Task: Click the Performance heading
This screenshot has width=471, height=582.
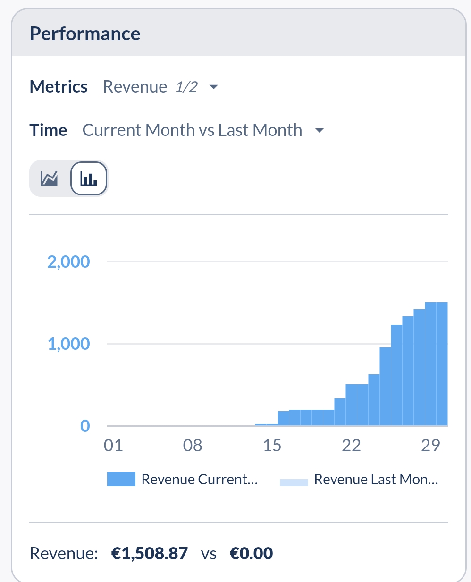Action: tap(85, 34)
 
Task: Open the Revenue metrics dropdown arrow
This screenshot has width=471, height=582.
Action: tap(213, 87)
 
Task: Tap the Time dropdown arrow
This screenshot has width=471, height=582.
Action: tap(320, 130)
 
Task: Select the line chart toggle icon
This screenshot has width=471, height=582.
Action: tap(49, 178)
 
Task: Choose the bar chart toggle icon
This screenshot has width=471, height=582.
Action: tap(89, 178)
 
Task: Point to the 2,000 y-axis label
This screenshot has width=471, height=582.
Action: tap(68, 262)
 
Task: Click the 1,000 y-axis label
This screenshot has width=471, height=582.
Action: tap(68, 344)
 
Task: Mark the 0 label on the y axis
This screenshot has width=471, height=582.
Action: tap(85, 426)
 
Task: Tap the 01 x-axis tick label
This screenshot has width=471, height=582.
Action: tap(113, 446)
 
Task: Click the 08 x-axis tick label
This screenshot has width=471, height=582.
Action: tap(193, 446)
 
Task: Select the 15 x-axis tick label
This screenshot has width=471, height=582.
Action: tap(272, 446)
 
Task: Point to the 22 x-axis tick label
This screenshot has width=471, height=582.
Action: tap(351, 446)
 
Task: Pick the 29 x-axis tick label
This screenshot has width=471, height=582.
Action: tap(430, 446)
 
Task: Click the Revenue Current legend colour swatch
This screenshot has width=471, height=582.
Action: tap(121, 479)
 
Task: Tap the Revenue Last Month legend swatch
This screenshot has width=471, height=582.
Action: tap(294, 482)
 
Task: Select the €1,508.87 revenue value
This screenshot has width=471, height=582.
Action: tap(150, 553)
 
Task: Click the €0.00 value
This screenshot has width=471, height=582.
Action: tap(251, 553)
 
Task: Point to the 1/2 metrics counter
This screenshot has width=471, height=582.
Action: tap(186, 87)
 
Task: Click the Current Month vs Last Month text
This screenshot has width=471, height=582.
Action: tap(193, 130)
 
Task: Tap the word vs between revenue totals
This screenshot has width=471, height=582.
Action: tap(209, 554)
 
